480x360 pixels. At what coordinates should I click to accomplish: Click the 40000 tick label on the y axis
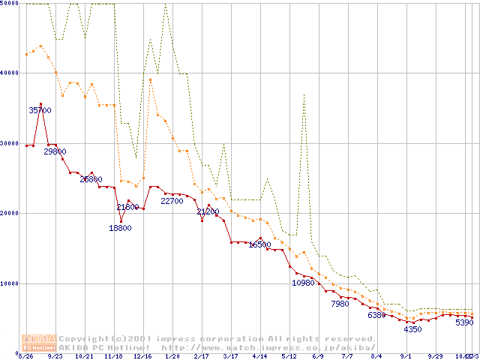[9, 73]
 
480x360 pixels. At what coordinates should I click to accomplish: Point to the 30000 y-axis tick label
[9, 143]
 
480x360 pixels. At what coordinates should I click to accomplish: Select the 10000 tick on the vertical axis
[9, 283]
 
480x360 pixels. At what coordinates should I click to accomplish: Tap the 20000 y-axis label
[9, 213]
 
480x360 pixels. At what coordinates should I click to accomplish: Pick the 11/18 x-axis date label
[112, 356]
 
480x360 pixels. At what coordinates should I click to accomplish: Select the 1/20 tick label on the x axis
[172, 356]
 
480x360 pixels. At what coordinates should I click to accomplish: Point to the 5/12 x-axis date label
[289, 356]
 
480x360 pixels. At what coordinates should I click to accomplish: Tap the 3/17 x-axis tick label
[230, 356]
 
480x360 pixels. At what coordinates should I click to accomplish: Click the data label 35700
[40, 110]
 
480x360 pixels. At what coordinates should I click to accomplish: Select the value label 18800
[120, 228]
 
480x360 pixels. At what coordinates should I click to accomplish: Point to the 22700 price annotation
[172, 201]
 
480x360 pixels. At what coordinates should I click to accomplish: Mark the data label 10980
[304, 283]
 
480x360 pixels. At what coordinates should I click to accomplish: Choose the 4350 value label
[413, 329]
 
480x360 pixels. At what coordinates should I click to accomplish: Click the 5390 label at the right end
[465, 322]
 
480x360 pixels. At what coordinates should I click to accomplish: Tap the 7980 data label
[340, 304]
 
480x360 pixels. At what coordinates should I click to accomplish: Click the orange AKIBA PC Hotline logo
[40, 343]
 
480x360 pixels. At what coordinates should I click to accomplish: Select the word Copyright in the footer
[86, 339]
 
